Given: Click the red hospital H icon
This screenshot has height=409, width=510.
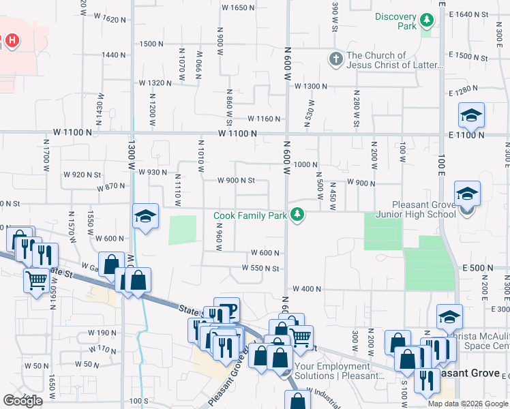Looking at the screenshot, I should (12, 41).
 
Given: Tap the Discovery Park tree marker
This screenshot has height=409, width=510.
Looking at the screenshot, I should (427, 20).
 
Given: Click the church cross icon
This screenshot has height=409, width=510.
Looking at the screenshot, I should (335, 59).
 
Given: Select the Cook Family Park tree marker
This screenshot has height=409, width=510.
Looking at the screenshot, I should (297, 215).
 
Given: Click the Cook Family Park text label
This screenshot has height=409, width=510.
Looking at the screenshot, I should (250, 215).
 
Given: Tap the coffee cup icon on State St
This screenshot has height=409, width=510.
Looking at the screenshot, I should (228, 310).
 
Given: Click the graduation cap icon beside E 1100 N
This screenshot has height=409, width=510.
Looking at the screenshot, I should (471, 117).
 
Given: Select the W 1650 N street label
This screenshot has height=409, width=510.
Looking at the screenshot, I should (239, 7).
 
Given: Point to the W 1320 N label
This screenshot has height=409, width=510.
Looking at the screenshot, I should (155, 82).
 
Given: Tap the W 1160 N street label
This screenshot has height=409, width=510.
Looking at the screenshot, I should (265, 119).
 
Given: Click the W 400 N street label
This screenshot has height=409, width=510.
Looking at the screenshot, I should (306, 289).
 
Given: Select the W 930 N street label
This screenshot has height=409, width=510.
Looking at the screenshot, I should (153, 172).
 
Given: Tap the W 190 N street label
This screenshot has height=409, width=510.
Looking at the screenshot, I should (102, 333).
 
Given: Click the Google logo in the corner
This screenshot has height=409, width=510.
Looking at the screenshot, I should (22, 401).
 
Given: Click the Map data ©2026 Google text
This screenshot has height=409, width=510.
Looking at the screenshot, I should (468, 404).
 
